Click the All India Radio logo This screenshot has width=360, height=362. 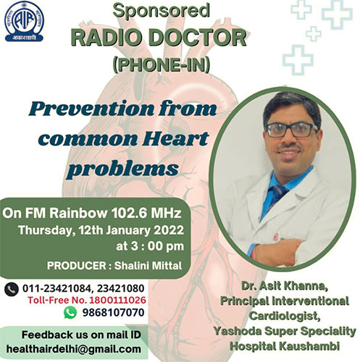[24, 22]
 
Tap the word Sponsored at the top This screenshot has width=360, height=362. [161, 11]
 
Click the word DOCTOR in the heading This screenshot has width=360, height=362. [197, 38]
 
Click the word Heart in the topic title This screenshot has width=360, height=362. [175, 138]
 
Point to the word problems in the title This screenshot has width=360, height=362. [123, 168]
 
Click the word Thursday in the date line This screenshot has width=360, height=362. [46, 230]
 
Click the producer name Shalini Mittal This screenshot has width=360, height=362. [148, 266]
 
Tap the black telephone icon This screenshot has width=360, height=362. [12, 289]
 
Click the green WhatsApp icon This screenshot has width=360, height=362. [70, 312]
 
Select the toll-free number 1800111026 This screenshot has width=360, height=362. [117, 300]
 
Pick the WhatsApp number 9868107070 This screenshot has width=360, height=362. [114, 313]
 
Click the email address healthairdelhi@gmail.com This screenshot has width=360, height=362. [74, 349]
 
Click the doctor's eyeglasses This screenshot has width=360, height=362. [292, 130]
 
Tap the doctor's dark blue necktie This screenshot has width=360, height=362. [277, 196]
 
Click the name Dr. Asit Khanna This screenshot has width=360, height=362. [285, 286]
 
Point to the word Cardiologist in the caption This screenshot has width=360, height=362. [285, 316]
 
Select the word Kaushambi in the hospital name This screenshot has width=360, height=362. [309, 346]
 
